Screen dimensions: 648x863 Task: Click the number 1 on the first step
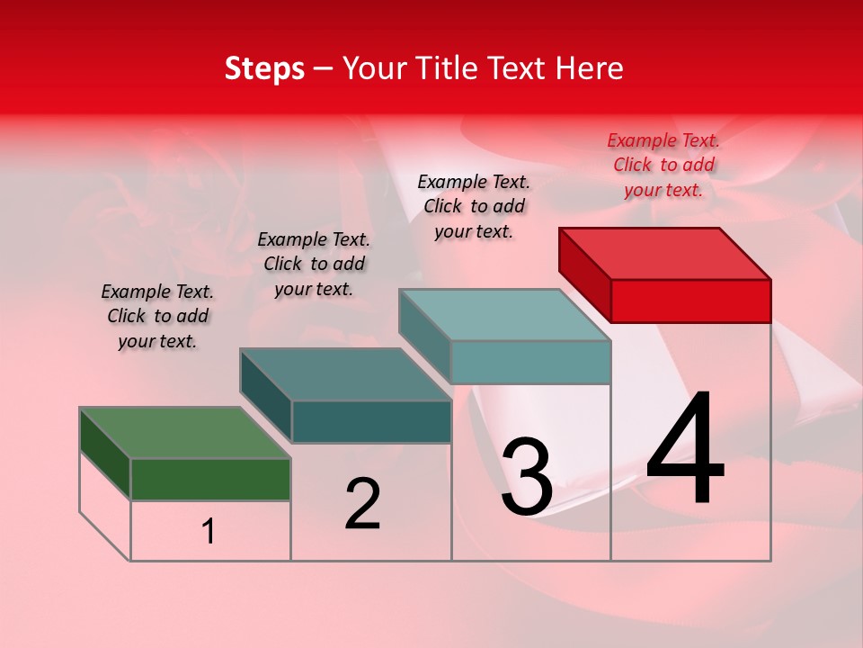pos(209,532)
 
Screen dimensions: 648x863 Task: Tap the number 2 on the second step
pos(362,504)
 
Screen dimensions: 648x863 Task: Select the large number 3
pos(526,477)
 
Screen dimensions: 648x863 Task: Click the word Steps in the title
pos(264,68)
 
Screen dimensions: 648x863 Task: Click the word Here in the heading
pos(591,68)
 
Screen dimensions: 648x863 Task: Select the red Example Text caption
pos(663,165)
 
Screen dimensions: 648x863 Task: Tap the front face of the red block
pos(690,301)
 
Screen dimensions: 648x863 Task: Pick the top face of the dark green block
pos(184,433)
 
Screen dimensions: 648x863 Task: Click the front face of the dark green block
pos(210,479)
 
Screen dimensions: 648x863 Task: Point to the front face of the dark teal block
pos(371,421)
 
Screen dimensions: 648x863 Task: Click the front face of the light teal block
pos(530,362)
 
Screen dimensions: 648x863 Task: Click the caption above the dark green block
pos(157,316)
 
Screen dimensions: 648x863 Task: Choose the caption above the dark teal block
pos(314,264)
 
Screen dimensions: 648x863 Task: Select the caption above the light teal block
pos(474,206)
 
